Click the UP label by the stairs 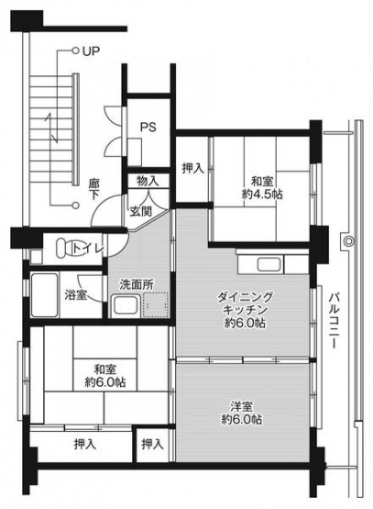[x=90, y=51]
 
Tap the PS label [x=148, y=127]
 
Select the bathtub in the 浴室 [x=45, y=294]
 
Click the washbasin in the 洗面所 [x=125, y=305]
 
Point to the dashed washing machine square [x=156, y=304]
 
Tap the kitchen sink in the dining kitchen [x=269, y=264]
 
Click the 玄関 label [x=141, y=212]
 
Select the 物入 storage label [x=148, y=182]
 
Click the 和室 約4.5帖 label [x=262, y=188]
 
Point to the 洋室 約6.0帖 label [x=242, y=413]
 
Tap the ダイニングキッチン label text [x=245, y=303]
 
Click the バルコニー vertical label [x=334, y=321]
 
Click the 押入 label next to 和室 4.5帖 [x=192, y=168]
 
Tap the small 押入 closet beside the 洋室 [x=152, y=444]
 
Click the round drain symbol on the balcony [x=348, y=241]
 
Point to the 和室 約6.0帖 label [x=105, y=376]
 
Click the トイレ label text [x=88, y=249]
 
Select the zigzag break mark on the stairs [x=52, y=127]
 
